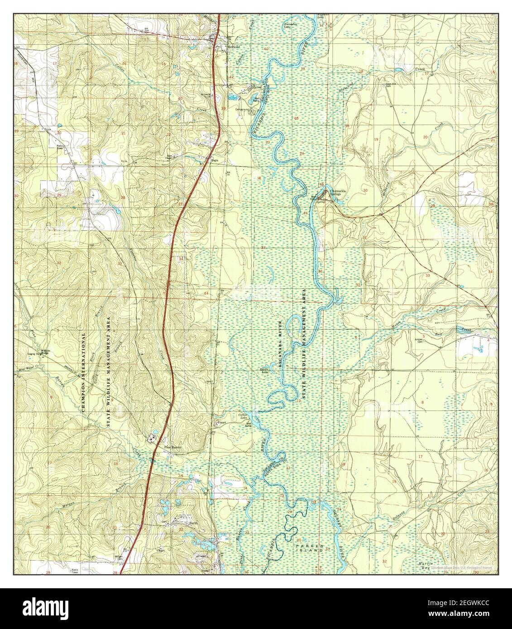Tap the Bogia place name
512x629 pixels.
pos(214,159)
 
